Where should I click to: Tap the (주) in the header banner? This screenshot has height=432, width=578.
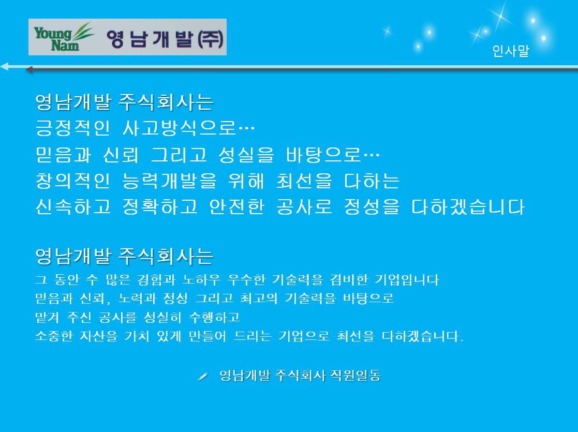(x=211, y=39)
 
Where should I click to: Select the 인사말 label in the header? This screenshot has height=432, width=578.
(x=511, y=51)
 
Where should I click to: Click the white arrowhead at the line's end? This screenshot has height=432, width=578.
(x=4, y=66)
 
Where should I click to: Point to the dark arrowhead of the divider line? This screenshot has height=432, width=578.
(x=29, y=69)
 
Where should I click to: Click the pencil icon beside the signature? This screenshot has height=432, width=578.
(x=203, y=376)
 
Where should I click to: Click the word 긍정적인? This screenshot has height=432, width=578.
(x=72, y=128)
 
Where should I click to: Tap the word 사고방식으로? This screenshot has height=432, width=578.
(x=179, y=128)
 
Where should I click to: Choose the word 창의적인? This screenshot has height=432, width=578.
(x=72, y=181)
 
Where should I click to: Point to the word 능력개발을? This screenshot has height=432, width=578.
(x=169, y=181)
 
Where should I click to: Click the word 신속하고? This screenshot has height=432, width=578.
(x=73, y=207)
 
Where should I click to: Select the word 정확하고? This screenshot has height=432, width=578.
(x=160, y=207)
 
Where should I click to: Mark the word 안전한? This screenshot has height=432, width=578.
(x=236, y=207)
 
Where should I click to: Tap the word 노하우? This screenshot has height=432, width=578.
(x=202, y=280)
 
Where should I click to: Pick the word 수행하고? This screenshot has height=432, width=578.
(x=214, y=317)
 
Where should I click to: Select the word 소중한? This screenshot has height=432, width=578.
(x=54, y=336)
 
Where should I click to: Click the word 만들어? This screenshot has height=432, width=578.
(x=208, y=336)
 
